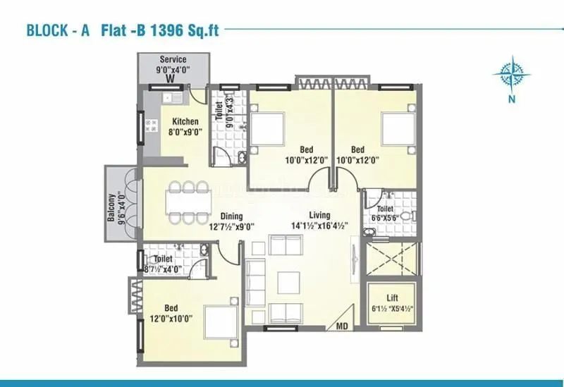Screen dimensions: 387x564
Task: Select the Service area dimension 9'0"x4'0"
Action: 172,70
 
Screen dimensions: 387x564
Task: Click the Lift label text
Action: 393,298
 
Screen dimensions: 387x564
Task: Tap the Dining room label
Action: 231,216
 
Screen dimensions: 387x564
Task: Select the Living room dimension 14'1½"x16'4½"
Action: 320,226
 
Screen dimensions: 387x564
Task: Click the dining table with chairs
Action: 190,202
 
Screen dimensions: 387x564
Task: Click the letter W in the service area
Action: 170,80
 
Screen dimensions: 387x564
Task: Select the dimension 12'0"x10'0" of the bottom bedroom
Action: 171,319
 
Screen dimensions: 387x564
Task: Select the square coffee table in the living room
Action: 288,283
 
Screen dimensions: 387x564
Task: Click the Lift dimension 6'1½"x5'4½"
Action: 393,309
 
